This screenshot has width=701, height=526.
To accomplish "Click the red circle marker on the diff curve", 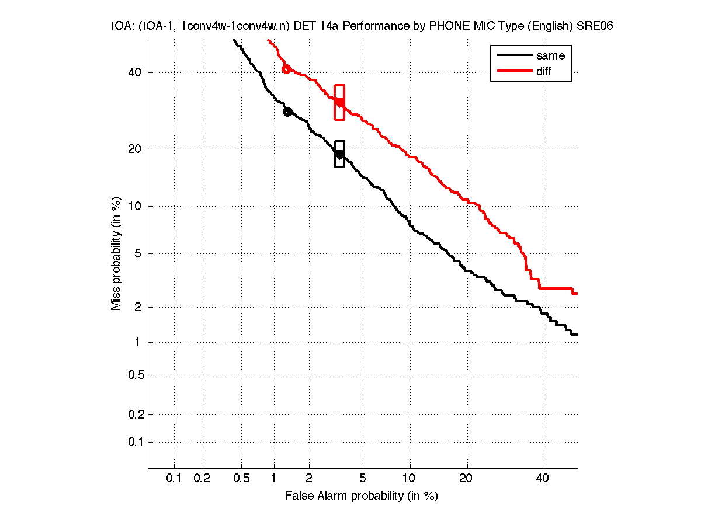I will [286, 69].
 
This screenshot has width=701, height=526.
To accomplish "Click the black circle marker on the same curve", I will [287, 112].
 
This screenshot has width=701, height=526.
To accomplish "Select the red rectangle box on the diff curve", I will [339, 102].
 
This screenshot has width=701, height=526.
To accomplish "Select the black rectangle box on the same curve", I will [339, 154].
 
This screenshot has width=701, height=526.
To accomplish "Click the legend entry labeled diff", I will [543, 71].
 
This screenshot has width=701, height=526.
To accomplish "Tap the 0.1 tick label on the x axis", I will [174, 478].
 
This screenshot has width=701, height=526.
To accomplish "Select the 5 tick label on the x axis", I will [363, 478].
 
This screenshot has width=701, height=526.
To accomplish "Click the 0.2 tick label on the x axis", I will [202, 478].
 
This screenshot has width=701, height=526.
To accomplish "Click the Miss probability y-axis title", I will [116, 253].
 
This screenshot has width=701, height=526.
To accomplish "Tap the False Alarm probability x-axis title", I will [362, 496].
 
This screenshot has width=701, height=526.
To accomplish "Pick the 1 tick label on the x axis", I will [274, 478].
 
